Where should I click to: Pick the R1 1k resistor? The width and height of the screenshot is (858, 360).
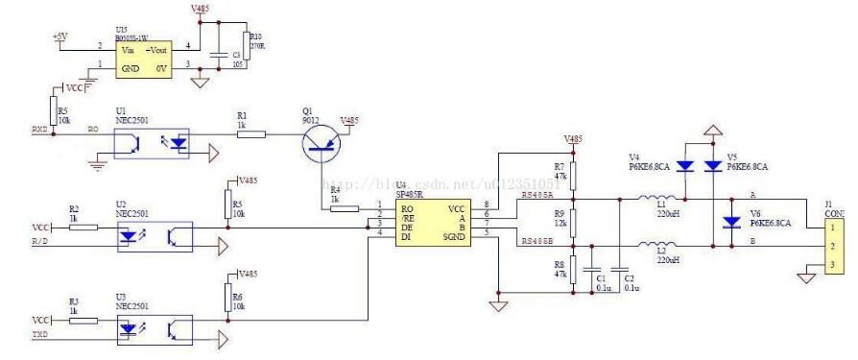[x=251, y=134]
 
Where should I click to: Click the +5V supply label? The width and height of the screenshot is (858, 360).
[x=60, y=36]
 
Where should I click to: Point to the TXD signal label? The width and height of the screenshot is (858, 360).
[x=41, y=335]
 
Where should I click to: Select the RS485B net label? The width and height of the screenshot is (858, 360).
[x=535, y=241]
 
